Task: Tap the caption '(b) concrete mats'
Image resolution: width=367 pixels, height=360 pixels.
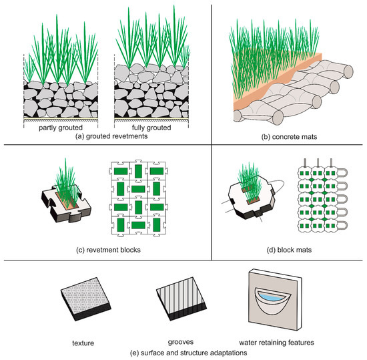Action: [289, 138]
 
